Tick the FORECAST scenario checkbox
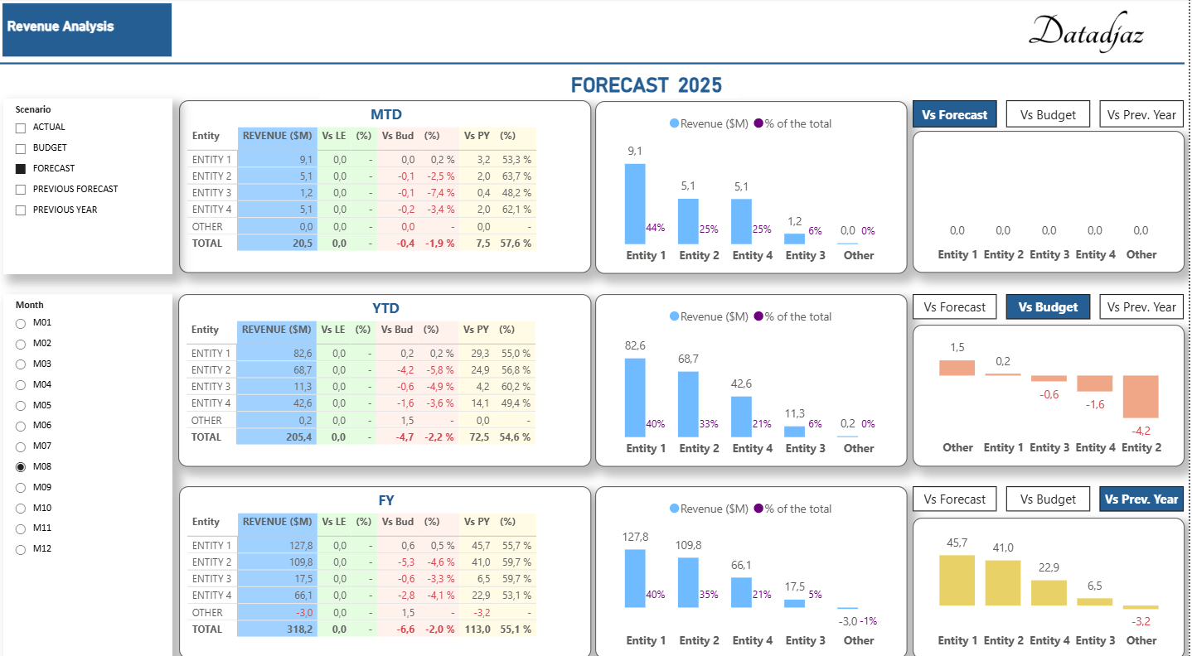point(21,168)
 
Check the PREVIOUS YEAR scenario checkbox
point(21,210)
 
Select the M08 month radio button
point(21,467)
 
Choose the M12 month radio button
point(21,549)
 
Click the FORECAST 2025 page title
point(646,85)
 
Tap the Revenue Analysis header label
point(61,27)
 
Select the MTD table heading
point(385,115)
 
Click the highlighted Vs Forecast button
point(954,115)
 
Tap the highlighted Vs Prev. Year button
point(1141,499)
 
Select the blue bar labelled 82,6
point(635,398)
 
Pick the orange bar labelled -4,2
point(1141,397)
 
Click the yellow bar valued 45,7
point(957,581)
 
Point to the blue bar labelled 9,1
point(635,203)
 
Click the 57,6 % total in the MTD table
point(515,244)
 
